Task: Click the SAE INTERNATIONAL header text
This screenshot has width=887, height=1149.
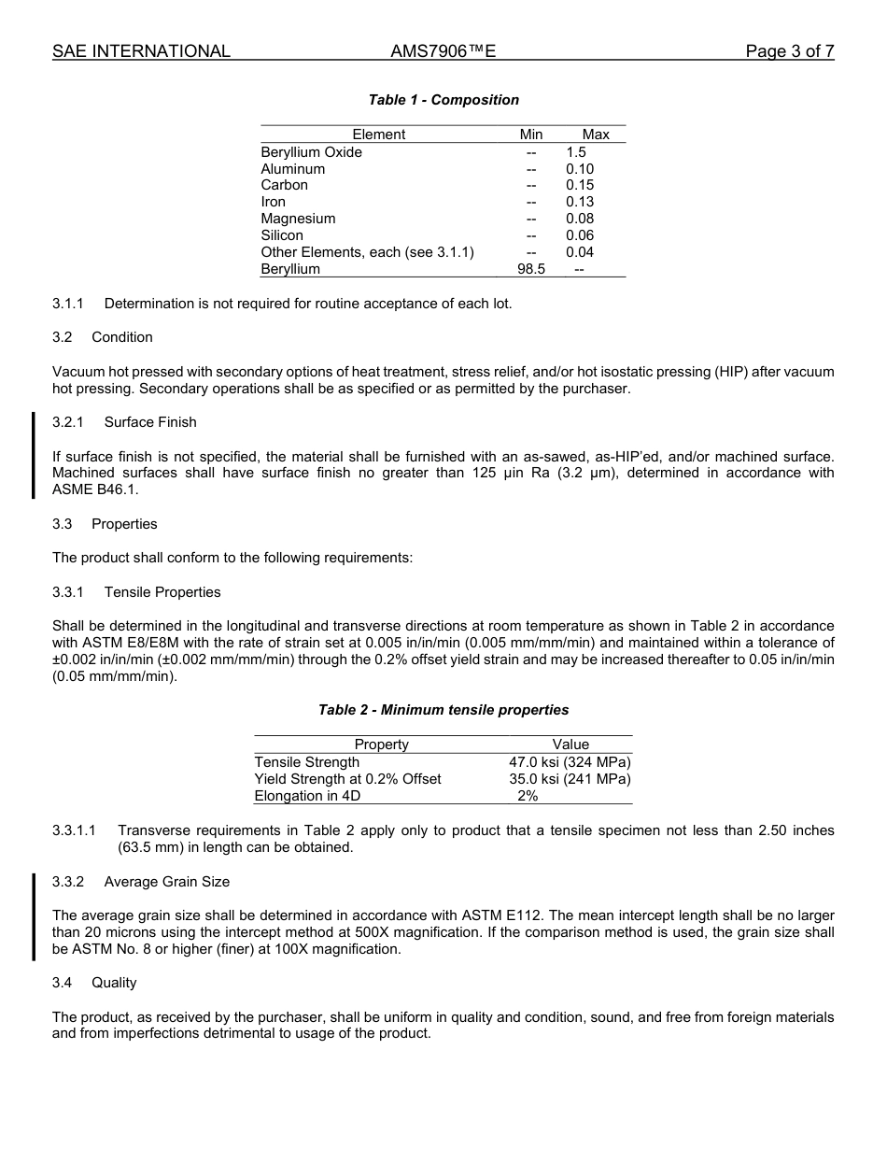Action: click(141, 51)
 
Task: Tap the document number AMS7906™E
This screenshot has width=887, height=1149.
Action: click(443, 51)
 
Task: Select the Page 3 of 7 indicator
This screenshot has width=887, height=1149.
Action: click(789, 51)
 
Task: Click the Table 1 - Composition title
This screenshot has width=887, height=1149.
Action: click(443, 100)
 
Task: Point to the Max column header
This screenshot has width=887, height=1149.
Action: click(595, 135)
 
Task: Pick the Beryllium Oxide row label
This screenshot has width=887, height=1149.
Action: click(311, 152)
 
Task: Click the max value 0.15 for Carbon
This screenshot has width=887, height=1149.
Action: click(579, 185)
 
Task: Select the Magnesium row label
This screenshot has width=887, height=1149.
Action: click(298, 219)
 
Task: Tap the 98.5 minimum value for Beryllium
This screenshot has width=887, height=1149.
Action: click(531, 269)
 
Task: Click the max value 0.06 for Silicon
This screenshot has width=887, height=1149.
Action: click(579, 235)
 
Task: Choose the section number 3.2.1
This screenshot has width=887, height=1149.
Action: click(68, 422)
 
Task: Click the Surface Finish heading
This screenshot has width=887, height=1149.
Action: click(150, 422)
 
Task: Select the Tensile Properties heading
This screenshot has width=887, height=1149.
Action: click(162, 592)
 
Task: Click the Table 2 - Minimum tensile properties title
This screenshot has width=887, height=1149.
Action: click(443, 710)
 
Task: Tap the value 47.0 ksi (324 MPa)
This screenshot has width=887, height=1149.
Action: click(570, 762)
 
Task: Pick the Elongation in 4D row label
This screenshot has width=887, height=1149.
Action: click(307, 796)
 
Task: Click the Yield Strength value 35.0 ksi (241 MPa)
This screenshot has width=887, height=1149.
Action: click(570, 779)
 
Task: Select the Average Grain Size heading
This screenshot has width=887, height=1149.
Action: click(166, 882)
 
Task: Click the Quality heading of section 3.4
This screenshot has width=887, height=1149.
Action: click(114, 983)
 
